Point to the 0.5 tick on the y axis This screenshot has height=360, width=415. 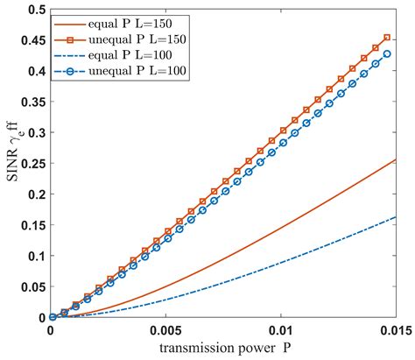point(33,8)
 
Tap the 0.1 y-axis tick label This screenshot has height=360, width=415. point(33,256)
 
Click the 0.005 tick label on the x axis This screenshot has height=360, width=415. point(166,334)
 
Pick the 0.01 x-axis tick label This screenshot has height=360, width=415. point(285,334)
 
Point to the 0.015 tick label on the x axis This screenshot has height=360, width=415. point(398,334)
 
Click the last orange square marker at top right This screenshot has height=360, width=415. point(388,38)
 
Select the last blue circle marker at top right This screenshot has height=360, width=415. point(388,53)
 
